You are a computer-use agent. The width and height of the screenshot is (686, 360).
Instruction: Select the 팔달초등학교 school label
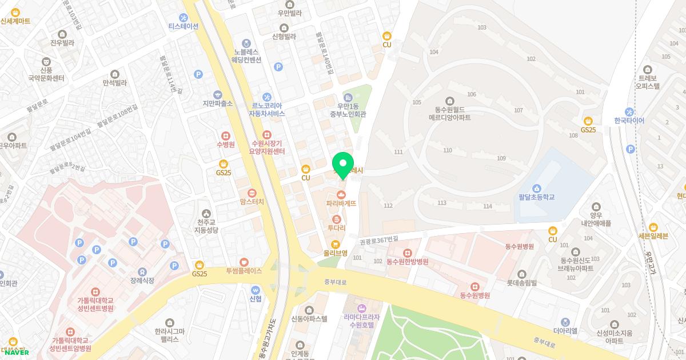click(537, 197)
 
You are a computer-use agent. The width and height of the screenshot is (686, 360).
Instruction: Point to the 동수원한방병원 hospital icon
click(407, 253)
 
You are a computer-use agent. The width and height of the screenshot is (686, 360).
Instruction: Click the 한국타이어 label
click(629, 121)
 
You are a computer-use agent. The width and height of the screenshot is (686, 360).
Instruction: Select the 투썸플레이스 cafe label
click(244, 271)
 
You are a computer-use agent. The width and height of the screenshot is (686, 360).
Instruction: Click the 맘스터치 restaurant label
click(252, 202)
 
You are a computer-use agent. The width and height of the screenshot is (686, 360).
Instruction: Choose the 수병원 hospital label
click(226, 145)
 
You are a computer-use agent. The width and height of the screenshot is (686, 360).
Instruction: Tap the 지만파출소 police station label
click(217, 103)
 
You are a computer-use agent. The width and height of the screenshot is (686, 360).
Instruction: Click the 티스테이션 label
click(183, 26)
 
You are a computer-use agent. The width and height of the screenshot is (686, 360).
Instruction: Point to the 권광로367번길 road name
click(378, 242)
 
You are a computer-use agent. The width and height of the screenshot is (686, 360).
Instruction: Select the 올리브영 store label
click(336, 253)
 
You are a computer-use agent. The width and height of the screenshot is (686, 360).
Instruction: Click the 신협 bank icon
click(256, 289)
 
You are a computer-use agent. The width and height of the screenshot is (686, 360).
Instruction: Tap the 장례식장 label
click(142, 281)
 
